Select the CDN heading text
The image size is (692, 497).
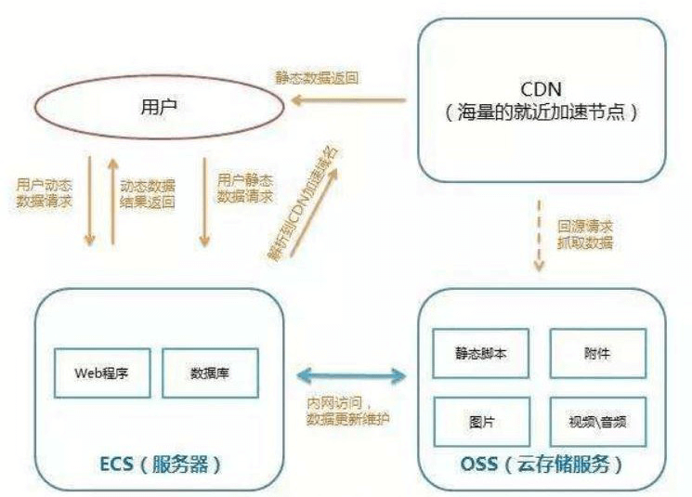coord(542,89)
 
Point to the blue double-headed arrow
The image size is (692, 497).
coord(351,376)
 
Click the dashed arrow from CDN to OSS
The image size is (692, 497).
coord(539,236)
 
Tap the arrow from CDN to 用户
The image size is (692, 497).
coord(348,100)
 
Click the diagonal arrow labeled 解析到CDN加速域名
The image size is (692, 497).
coord(313,212)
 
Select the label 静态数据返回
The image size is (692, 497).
coord(317,78)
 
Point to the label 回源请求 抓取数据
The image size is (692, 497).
coord(585,235)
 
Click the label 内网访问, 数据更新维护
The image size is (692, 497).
coord(348,411)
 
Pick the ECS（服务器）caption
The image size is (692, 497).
coord(161,464)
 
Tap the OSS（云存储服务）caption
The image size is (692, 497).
coord(542,464)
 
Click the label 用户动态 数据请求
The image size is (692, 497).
coord(45,193)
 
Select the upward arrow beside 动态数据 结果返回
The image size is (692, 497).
coord(113,201)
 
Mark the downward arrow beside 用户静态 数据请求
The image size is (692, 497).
coord(204,202)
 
